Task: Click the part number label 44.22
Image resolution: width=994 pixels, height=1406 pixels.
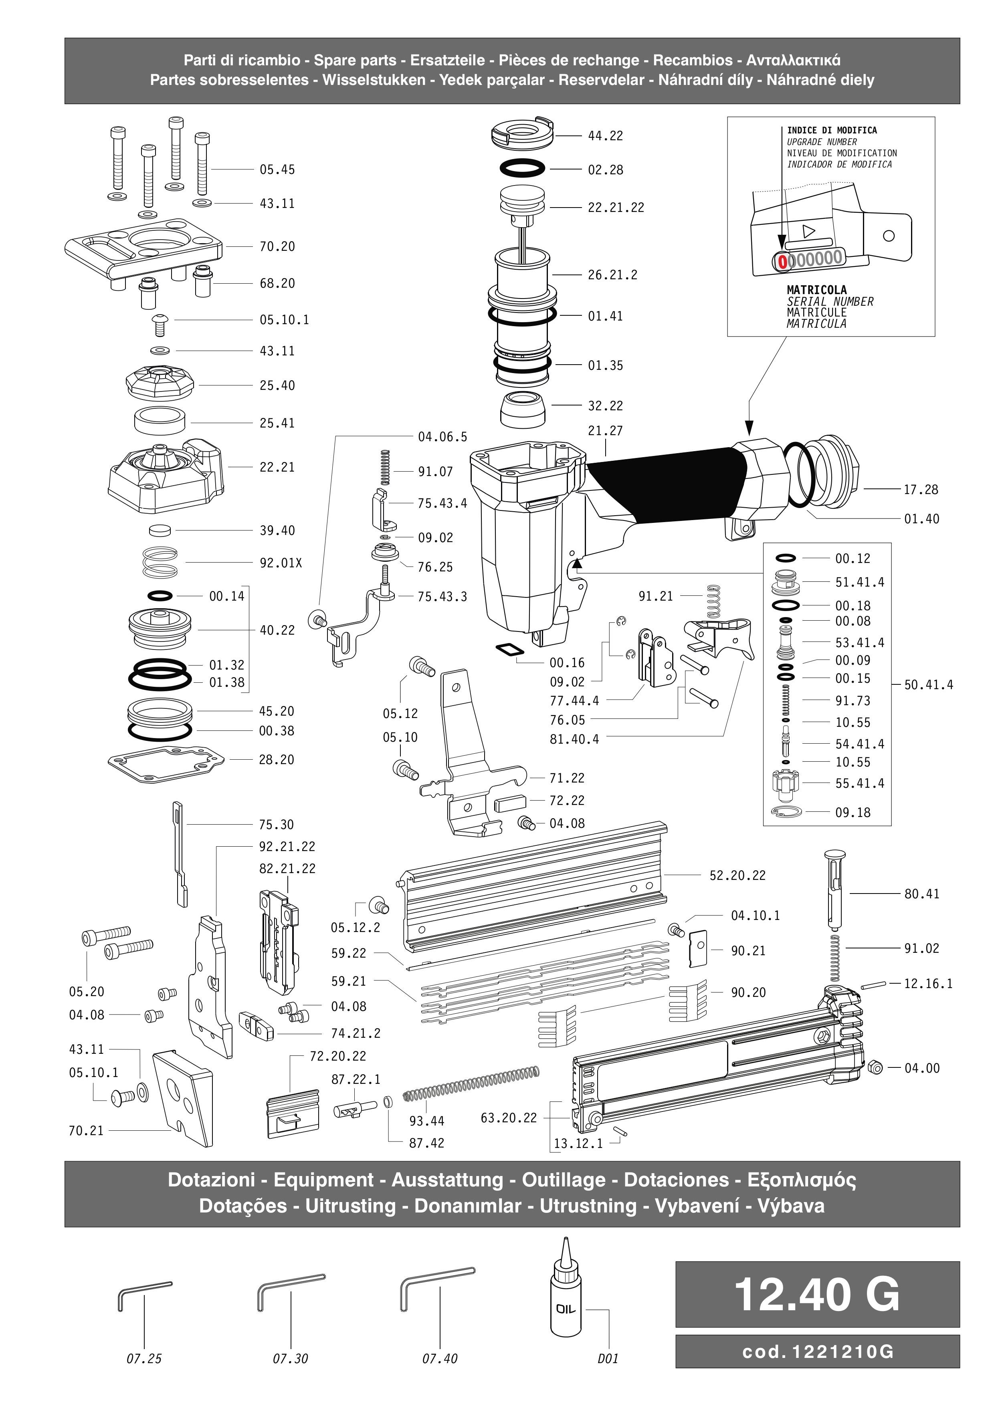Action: point(605,136)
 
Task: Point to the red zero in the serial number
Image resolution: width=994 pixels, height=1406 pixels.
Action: point(782,262)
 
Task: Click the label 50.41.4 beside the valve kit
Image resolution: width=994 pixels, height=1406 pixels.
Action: point(929,685)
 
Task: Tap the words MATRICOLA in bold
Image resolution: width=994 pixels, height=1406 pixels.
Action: point(816,290)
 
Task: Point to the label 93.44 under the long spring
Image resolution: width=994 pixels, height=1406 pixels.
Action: point(426,1121)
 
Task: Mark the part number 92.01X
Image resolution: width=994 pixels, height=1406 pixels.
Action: point(281,563)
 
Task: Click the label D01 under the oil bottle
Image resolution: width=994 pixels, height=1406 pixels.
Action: point(608,1359)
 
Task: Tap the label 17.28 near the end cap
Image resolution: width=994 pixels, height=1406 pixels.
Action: point(921,490)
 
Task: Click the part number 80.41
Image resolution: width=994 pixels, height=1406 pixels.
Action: point(921,894)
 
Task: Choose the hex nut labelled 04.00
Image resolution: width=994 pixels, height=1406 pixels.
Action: point(876,1068)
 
